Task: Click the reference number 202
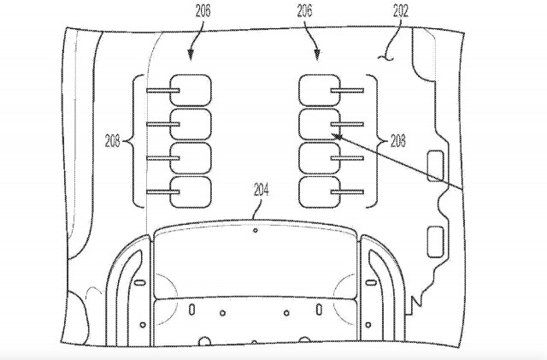pos(401,11)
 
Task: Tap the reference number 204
pos(262,191)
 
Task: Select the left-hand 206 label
pos(203,11)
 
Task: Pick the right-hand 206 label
pos(304,11)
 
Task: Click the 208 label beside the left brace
pos(112,141)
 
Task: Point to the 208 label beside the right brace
pos(397,141)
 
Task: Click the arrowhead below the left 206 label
pos(190,55)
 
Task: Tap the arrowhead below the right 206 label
pos(317,55)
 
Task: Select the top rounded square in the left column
pos(191,90)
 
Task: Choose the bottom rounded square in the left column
pos(191,192)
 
